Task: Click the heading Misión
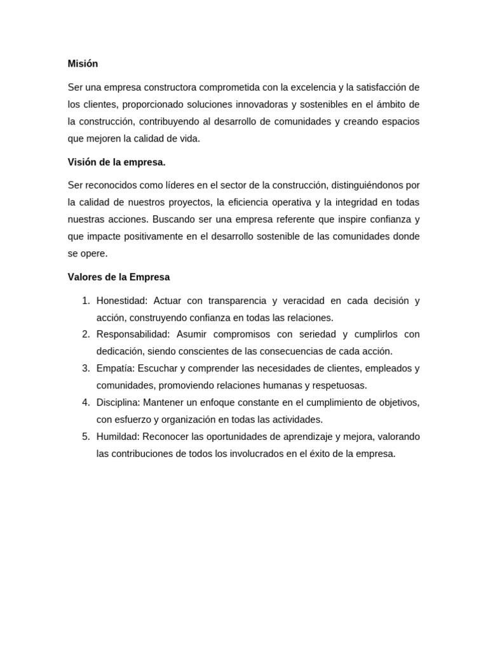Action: (x=83, y=63)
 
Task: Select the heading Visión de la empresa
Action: (x=116, y=162)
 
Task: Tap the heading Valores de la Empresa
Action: (x=119, y=277)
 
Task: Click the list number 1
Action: (x=86, y=300)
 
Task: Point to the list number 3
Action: (x=86, y=368)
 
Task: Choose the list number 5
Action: (x=86, y=436)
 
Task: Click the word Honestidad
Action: (x=121, y=300)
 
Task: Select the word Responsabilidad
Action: (x=133, y=334)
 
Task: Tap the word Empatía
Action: (x=114, y=368)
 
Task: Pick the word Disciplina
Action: (x=118, y=402)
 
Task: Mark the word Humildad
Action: (x=118, y=436)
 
